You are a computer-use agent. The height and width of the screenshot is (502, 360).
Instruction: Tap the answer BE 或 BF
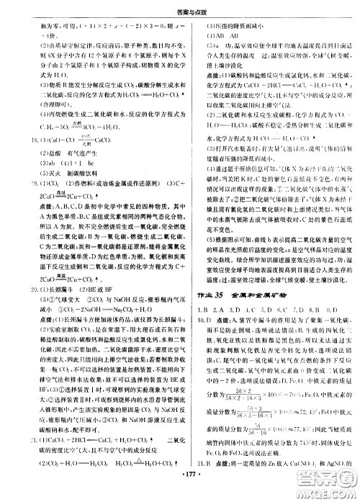click(x=80, y=291)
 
